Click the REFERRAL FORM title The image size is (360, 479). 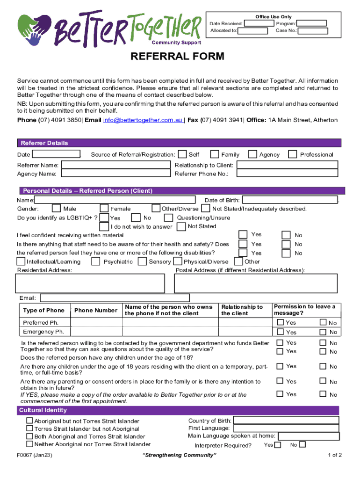click(177, 57)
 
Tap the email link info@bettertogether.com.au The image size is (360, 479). click(143, 120)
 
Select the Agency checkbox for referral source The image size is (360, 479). click(252, 154)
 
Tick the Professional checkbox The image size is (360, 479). click(293, 154)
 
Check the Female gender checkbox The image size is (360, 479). click(104, 209)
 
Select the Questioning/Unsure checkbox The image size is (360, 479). click(168, 218)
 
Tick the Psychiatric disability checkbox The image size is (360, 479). click(96, 261)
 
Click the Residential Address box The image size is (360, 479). click(90, 283)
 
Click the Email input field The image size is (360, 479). click(115, 298)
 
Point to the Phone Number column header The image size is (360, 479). click(96, 310)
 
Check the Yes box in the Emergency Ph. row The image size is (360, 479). click(280, 332)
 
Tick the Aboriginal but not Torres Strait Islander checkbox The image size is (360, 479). click(30, 421)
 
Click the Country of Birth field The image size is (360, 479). click(285, 421)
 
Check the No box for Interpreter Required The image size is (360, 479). click(302, 444)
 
